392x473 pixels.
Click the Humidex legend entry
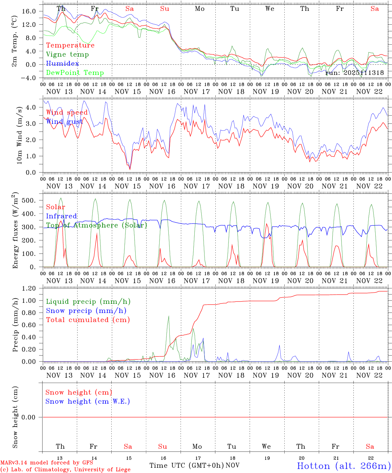(x=62, y=64)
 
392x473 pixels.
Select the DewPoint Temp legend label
(x=75, y=73)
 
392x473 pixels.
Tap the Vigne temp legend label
(x=67, y=55)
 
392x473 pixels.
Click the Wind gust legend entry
(x=64, y=122)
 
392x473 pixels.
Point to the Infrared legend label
(x=61, y=216)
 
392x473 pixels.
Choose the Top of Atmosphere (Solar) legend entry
(x=96, y=225)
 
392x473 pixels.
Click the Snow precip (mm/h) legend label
(x=86, y=311)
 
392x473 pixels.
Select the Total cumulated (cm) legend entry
(x=88, y=320)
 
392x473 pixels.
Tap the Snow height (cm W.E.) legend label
(x=87, y=401)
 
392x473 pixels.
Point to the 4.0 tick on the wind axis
(x=31, y=107)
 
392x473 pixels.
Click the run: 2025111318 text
(x=354, y=73)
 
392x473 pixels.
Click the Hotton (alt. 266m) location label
(x=344, y=466)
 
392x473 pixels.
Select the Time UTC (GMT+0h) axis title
(x=186, y=465)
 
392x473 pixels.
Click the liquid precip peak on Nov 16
(x=169, y=316)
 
